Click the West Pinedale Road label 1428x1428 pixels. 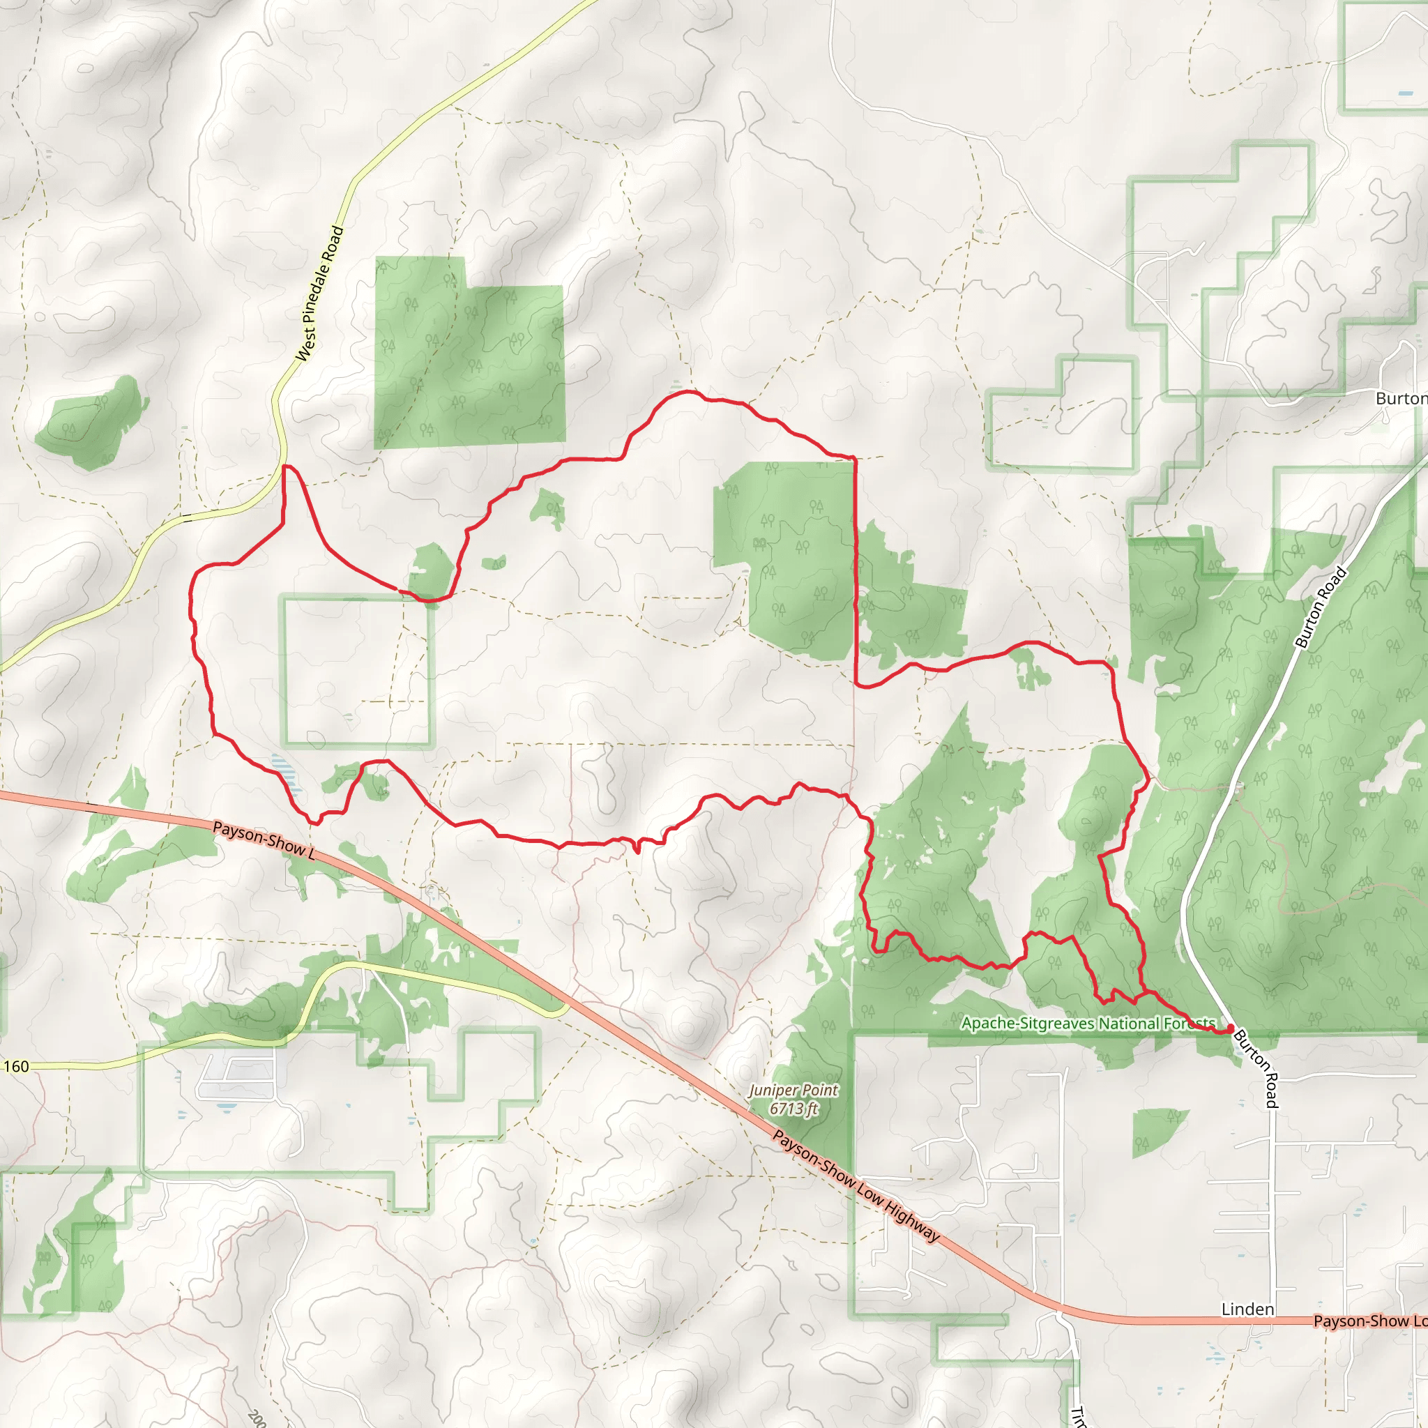point(320,294)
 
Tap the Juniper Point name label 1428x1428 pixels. point(793,1091)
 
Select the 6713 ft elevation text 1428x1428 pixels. point(793,1109)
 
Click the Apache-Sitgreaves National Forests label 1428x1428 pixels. point(1088,1024)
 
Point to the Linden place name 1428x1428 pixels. point(1247,1309)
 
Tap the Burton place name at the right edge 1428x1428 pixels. point(1401,398)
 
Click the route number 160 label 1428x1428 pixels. point(16,1067)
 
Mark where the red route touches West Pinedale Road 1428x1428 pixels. point(284,466)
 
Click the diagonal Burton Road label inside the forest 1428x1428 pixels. point(1321,607)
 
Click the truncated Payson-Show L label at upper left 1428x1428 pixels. point(264,840)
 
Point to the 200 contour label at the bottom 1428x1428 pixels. point(257,1418)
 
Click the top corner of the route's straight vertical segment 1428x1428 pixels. point(854,458)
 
